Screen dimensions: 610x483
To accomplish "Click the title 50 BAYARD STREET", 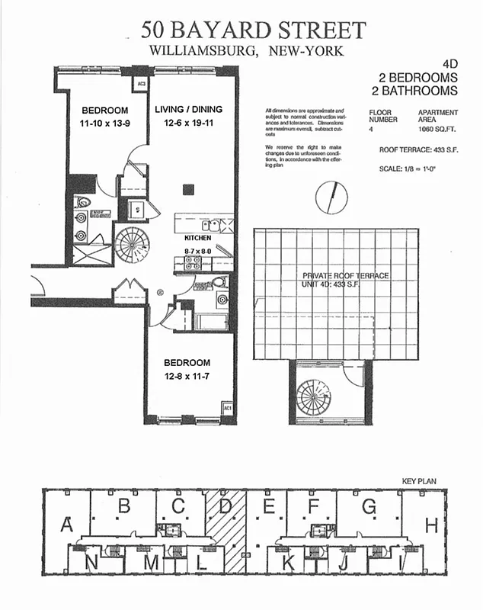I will (254, 30).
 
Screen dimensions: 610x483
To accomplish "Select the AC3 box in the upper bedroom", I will (140, 84).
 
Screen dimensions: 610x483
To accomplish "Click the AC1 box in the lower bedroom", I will (226, 409).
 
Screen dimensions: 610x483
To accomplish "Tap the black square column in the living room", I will (186, 188).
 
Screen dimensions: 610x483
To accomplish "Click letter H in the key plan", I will (431, 525).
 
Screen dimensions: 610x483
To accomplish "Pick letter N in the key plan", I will (92, 563).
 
